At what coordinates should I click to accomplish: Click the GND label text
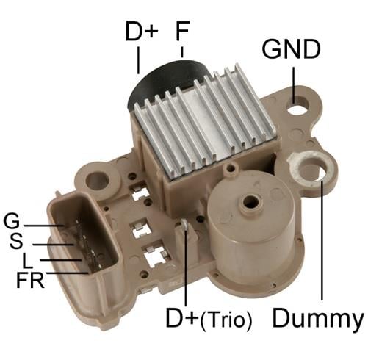pos(292,50)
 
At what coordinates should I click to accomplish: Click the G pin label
pos(12,220)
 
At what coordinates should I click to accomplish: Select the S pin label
pos(15,240)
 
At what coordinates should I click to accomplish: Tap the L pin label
pos(26,260)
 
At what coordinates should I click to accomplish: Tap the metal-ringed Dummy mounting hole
pos(307,165)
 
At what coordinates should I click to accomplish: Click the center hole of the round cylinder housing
pos(250,203)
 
